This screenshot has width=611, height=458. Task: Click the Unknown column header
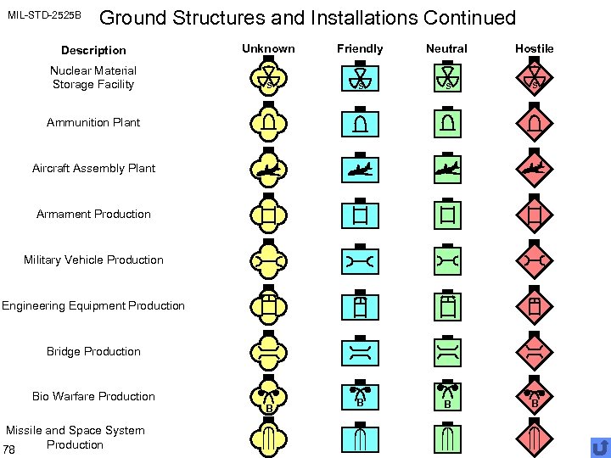click(x=268, y=48)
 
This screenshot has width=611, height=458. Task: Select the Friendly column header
click(x=360, y=48)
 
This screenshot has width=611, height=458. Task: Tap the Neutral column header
click(x=446, y=48)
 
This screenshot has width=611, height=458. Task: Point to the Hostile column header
click(x=535, y=48)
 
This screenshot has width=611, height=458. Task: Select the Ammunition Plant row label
click(x=93, y=122)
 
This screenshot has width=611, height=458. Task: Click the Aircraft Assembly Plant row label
click(x=93, y=168)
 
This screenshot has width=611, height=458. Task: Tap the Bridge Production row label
click(x=93, y=351)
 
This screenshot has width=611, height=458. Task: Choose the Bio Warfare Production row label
click(x=93, y=396)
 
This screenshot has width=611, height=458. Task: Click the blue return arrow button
click(x=600, y=447)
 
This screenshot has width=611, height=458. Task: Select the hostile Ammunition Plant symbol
click(x=535, y=124)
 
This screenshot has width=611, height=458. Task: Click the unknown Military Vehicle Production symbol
click(x=268, y=261)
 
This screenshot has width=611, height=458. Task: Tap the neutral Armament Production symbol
click(x=446, y=215)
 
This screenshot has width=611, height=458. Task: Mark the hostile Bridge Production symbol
click(x=535, y=353)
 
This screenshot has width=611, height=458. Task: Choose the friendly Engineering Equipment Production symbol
click(x=360, y=306)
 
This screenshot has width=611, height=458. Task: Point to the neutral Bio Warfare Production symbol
click(x=446, y=396)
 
